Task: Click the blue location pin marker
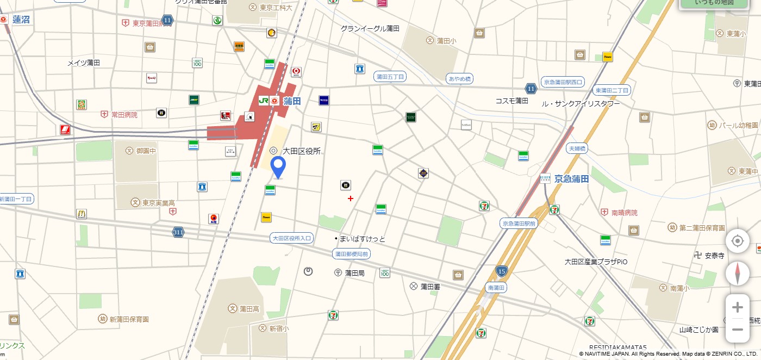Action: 278,166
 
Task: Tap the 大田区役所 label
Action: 301,151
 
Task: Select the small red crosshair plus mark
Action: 351,198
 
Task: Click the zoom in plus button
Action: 737,308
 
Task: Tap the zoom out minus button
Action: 737,330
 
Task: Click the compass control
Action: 737,274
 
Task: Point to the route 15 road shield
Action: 501,270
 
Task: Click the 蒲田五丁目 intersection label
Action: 390,77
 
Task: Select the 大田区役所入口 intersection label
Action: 292,238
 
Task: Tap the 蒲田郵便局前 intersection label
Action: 351,254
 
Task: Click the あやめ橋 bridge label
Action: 459,79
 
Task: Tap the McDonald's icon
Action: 82,214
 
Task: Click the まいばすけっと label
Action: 362,239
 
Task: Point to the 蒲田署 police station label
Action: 430,287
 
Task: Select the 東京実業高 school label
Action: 158,203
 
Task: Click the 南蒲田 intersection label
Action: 496,287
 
